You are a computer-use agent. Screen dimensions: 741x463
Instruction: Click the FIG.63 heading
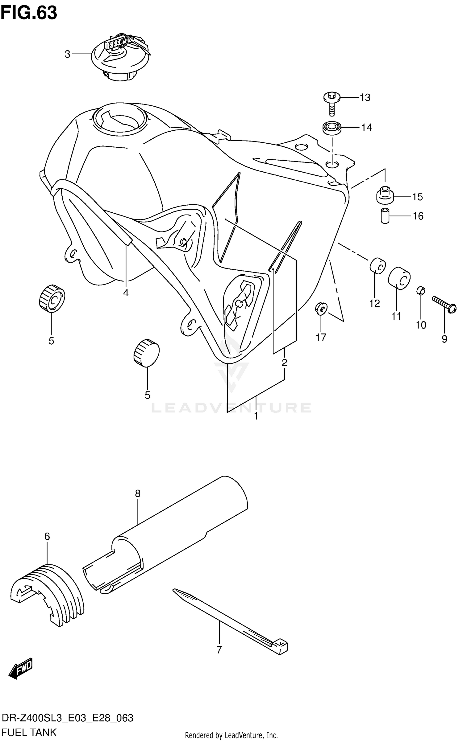click(29, 13)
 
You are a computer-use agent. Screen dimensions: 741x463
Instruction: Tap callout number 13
click(365, 98)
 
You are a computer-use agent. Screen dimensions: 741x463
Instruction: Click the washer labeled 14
click(332, 127)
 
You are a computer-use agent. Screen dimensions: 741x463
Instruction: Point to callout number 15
click(417, 197)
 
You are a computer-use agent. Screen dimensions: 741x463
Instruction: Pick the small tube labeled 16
click(385, 216)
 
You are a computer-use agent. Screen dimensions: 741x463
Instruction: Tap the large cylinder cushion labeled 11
click(399, 278)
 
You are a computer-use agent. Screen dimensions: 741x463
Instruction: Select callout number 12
click(374, 304)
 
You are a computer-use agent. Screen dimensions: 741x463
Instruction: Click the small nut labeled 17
click(321, 308)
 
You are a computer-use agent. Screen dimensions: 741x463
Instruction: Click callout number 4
click(126, 293)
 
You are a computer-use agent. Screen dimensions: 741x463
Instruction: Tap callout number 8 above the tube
click(138, 494)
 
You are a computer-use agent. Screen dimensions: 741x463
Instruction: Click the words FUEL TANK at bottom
click(29, 732)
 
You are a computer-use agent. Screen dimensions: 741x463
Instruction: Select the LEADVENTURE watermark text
click(231, 407)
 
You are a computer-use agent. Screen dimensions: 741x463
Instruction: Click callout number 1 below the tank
click(256, 416)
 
